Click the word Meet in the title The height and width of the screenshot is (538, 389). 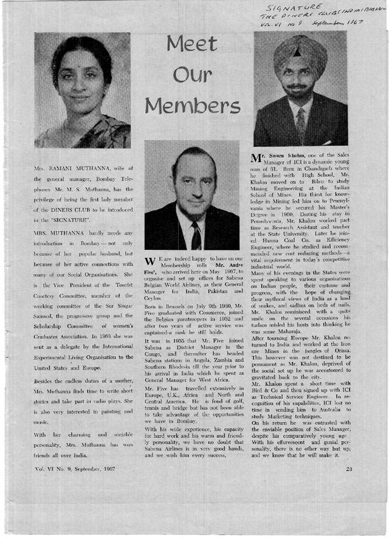coord(192,44)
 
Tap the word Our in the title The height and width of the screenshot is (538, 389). coord(192,75)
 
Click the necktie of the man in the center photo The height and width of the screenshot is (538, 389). coord(196,235)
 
